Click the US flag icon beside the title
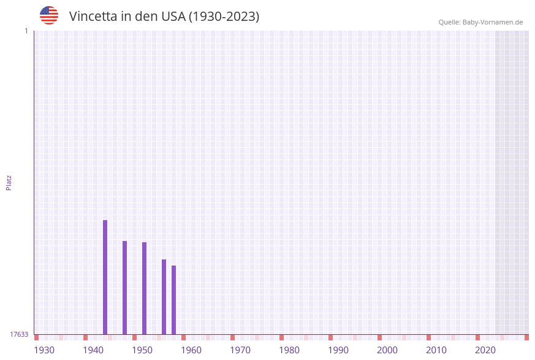(49, 15)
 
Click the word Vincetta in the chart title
(93, 17)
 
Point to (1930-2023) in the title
(224, 17)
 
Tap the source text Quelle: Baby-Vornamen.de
(480, 22)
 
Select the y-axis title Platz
(9, 183)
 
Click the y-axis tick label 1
(26, 31)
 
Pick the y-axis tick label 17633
(19, 334)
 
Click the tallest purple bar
(105, 277)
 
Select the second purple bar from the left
(124, 288)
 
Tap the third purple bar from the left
(144, 288)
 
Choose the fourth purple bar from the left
(164, 297)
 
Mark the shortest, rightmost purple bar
(173, 300)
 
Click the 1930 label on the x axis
(44, 350)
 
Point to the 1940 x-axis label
(93, 350)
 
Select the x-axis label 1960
(191, 350)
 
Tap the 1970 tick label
(240, 350)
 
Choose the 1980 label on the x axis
(289, 350)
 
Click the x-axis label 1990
(338, 350)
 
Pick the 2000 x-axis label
(387, 350)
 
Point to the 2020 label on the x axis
(485, 350)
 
